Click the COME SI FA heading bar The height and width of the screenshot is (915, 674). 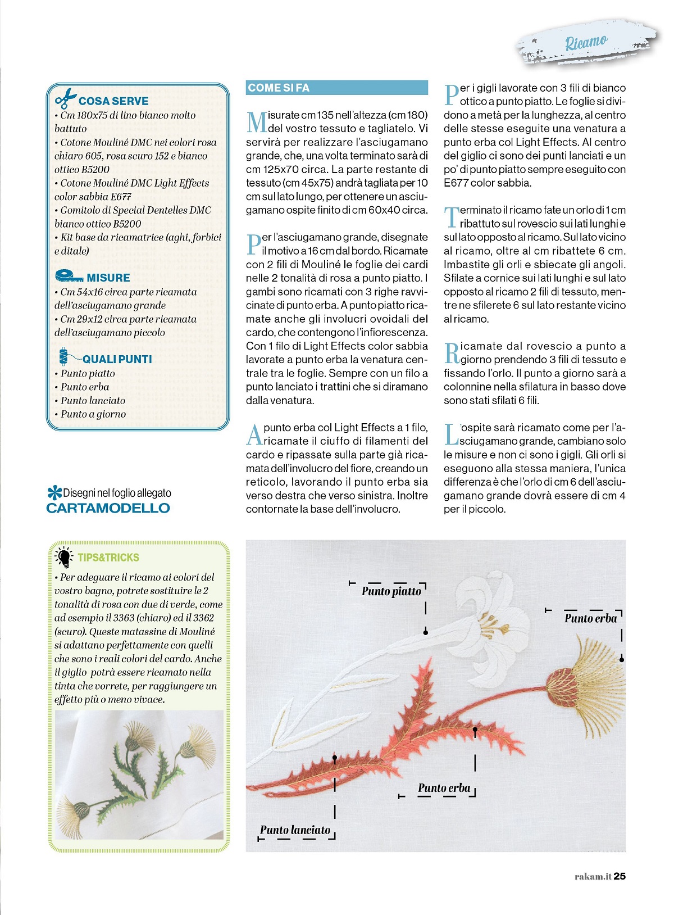[x=336, y=88]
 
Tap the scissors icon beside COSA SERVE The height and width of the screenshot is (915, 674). [x=65, y=98]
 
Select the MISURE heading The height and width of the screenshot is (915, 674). [x=108, y=278]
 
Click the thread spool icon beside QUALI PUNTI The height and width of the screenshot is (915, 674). [x=63, y=356]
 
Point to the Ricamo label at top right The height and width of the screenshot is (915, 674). [x=586, y=42]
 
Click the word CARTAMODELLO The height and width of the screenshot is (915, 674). [x=108, y=508]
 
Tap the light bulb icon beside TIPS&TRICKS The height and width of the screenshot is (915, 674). [x=64, y=556]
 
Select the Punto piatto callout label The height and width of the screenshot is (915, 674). [x=391, y=591]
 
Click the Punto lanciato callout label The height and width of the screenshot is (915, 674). [x=295, y=830]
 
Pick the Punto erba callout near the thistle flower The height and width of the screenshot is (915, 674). [x=590, y=618]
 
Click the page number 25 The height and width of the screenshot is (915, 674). [x=620, y=876]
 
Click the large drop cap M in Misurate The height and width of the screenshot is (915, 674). [x=257, y=121]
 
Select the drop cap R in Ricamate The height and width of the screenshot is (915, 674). [x=452, y=353]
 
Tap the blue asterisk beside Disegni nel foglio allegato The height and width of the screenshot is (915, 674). [x=54, y=493]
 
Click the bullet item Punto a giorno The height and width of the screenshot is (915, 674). [x=93, y=414]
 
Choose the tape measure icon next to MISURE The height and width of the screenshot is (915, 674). [x=69, y=276]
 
